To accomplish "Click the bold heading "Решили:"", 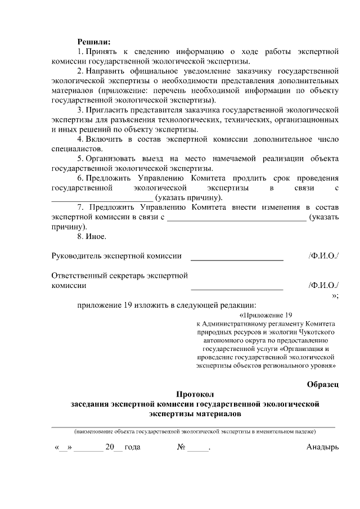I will coord(94,41).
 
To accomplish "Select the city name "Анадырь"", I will coord(322,448).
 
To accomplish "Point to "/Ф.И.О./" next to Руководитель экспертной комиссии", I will coord(323,256).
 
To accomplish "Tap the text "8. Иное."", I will coord(92,237).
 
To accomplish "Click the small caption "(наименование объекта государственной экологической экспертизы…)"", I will coord(195,431).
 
